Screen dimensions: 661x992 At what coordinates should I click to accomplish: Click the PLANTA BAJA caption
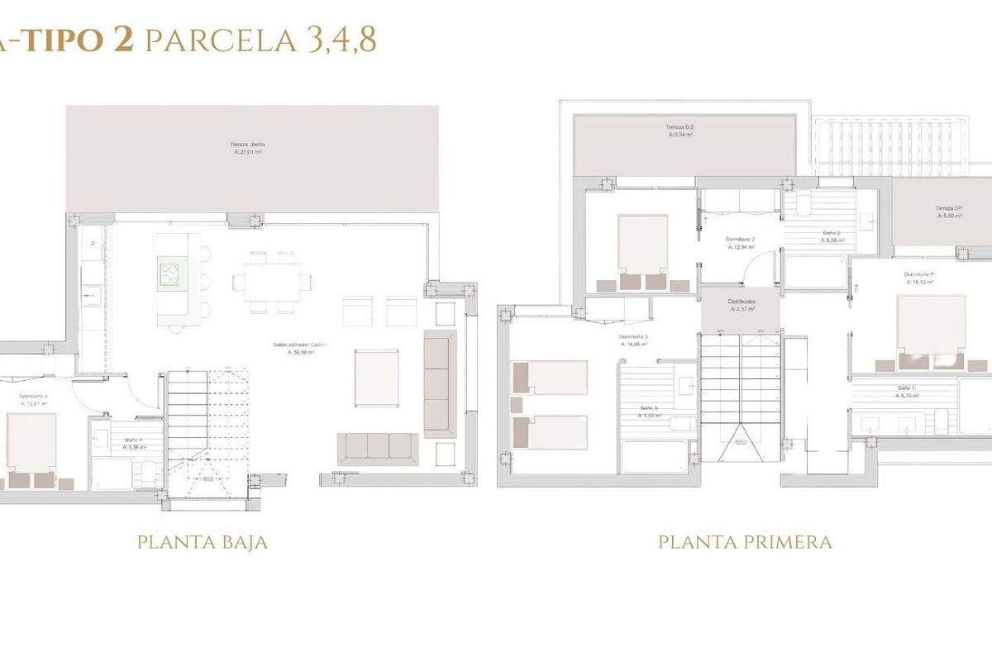point(202,543)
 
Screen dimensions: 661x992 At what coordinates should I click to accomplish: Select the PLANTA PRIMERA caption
point(744,543)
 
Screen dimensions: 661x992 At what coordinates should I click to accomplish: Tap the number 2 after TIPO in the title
point(123,40)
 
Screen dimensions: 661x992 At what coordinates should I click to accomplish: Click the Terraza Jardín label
point(248,149)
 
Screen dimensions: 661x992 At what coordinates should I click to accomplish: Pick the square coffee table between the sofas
point(376,378)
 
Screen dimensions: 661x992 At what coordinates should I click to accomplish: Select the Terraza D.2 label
point(681,131)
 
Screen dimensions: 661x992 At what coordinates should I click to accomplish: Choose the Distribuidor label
point(742,306)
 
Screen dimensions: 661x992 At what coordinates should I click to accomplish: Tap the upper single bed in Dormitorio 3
point(550,377)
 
